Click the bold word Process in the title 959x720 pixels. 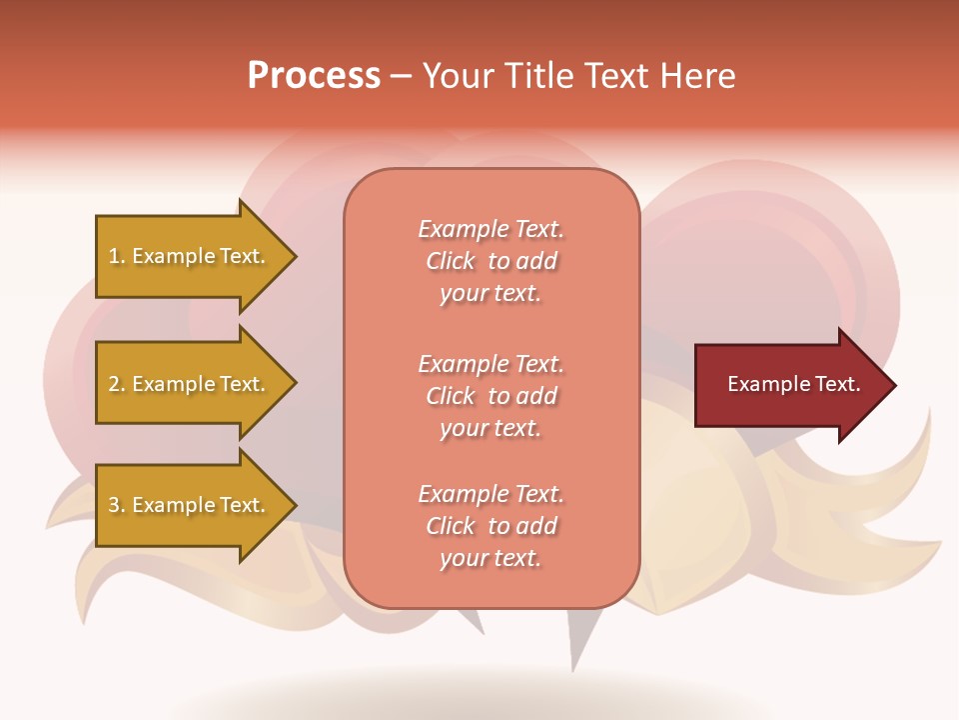coord(314,76)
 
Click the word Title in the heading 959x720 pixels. coord(538,76)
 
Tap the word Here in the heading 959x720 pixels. coord(698,76)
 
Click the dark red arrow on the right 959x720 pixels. coord(789,385)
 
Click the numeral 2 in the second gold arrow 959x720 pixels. coord(114,384)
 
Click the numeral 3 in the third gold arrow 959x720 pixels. coord(114,505)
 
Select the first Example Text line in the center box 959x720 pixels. coord(490,229)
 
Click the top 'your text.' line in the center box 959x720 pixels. coord(490,294)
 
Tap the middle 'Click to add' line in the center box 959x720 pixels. coord(490,396)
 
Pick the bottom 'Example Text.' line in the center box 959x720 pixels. coord(490,494)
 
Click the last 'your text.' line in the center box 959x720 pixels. coord(490,559)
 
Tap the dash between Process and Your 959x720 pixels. coord(401,77)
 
